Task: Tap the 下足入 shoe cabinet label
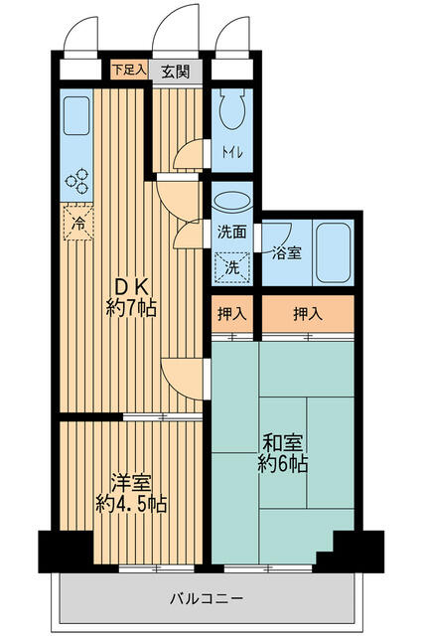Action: [128, 70]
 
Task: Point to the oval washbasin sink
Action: [231, 202]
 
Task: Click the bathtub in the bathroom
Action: [332, 252]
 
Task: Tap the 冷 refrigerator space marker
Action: [78, 224]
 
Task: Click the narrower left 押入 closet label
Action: [232, 313]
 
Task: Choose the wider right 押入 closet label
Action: [308, 313]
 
